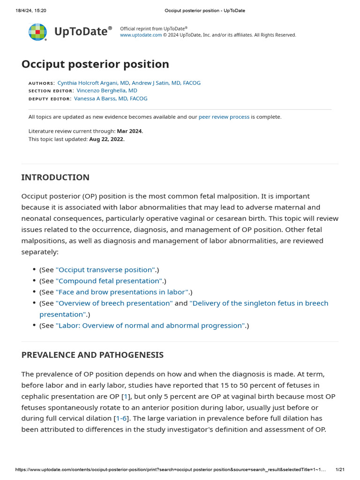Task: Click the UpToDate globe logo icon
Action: (37, 32)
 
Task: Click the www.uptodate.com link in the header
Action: (141, 35)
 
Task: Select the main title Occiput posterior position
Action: (95, 64)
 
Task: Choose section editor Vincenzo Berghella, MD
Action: (107, 90)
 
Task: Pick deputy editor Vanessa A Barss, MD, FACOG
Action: (111, 98)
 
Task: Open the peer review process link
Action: (224, 117)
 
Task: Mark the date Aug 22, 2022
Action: (107, 139)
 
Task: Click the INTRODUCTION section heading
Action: (55, 177)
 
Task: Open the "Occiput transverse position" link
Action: (105, 270)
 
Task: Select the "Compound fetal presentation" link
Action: (109, 281)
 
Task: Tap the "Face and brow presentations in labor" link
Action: (122, 292)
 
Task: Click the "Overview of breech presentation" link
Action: (114, 303)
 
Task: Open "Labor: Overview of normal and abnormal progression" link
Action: (151, 325)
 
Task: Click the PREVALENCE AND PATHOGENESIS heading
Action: (92, 355)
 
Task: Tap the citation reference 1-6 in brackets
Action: (121, 418)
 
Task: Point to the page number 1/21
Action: (340, 470)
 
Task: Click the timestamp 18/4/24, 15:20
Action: (31, 10)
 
